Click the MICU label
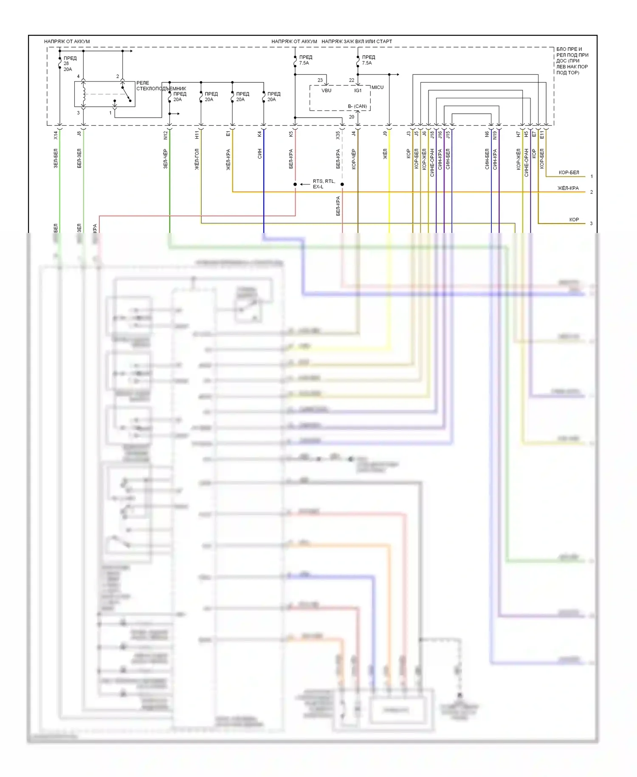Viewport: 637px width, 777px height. [x=377, y=87]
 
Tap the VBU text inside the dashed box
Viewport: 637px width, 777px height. [x=326, y=91]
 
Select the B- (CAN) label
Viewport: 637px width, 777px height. [x=357, y=106]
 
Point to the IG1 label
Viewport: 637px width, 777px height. [x=358, y=91]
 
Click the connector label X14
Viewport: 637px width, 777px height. [x=56, y=135]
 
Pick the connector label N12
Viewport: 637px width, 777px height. [x=166, y=135]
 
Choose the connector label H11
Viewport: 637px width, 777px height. [x=197, y=135]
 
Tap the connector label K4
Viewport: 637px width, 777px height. [x=260, y=134]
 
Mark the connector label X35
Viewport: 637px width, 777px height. [x=338, y=135]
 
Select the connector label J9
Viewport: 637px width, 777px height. [x=385, y=133]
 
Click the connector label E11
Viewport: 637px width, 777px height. [x=542, y=135]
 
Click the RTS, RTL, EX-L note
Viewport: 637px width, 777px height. [x=324, y=184]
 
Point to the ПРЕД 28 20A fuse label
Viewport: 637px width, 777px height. [x=68, y=63]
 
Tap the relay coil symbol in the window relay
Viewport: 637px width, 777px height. [x=84, y=94]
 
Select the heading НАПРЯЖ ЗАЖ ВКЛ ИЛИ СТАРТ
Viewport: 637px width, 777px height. [x=357, y=41]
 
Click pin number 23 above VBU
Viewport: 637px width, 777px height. [x=320, y=80]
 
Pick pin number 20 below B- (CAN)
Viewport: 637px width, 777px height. [x=351, y=117]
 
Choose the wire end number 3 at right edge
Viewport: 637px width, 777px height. [x=591, y=224]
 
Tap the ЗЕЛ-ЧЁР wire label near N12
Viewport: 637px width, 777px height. [x=166, y=159]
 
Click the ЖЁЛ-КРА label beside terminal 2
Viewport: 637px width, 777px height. [x=568, y=188]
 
